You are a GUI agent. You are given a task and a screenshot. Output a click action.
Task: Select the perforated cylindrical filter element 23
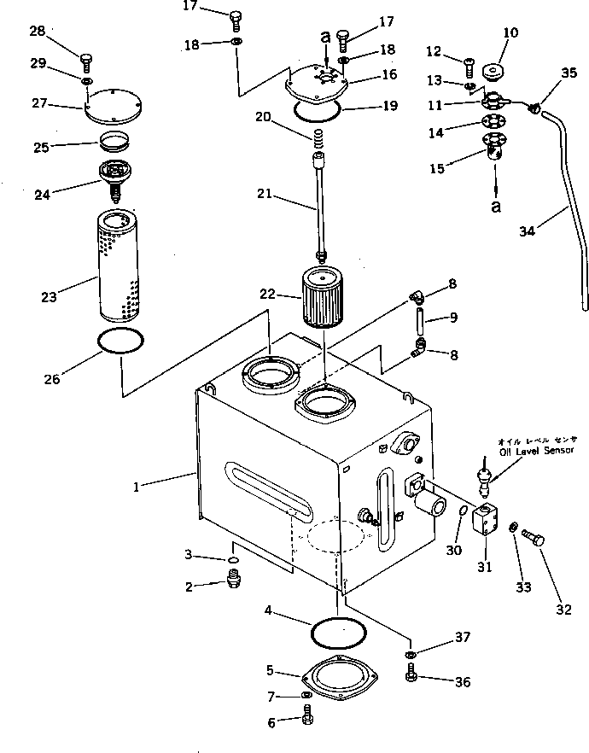(119, 265)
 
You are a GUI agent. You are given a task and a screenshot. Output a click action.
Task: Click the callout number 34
(529, 230)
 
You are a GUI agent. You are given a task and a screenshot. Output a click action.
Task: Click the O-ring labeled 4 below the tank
(339, 633)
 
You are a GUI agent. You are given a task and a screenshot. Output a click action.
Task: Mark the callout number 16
(389, 75)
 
